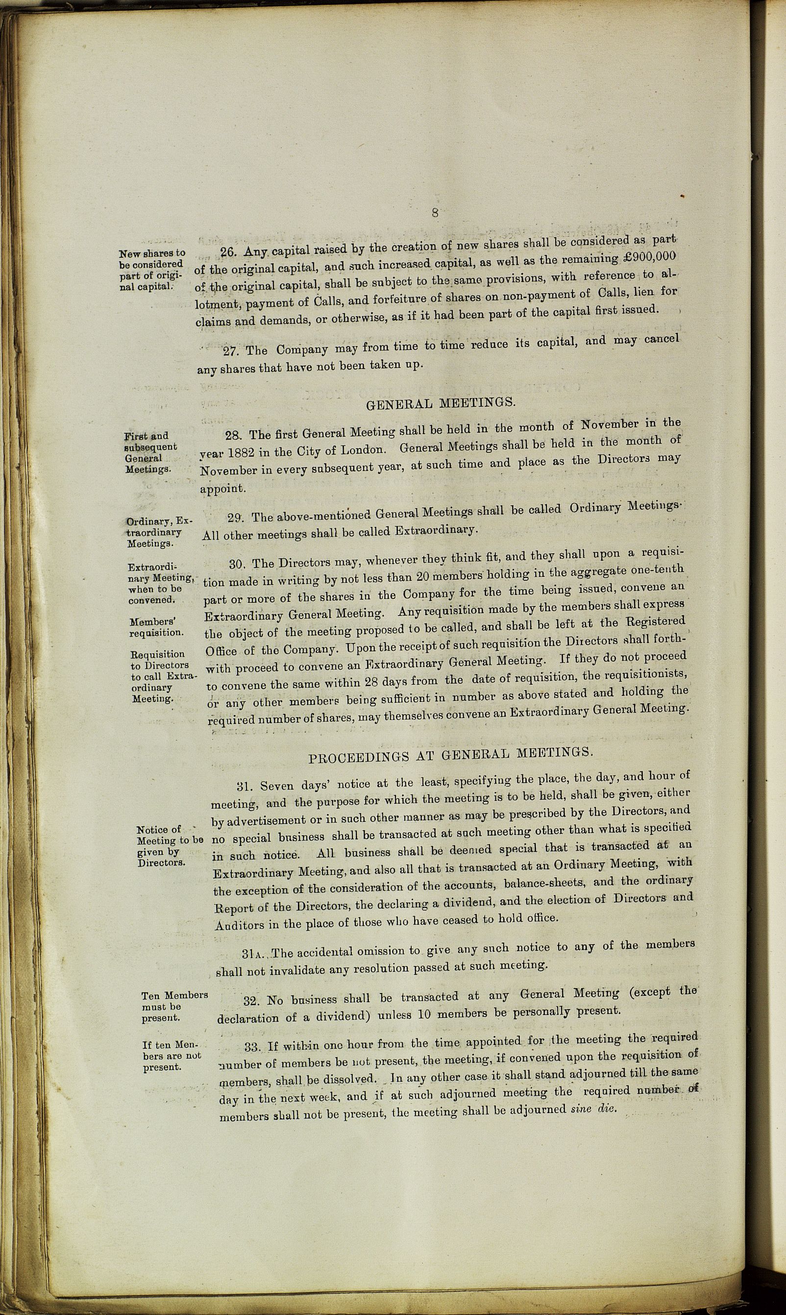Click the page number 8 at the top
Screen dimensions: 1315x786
pyautogui.click(x=435, y=213)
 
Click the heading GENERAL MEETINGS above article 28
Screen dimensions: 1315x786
pyautogui.click(x=440, y=403)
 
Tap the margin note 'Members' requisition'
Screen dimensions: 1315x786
pyautogui.click(x=156, y=627)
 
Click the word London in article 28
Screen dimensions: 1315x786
pyautogui.click(x=362, y=448)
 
